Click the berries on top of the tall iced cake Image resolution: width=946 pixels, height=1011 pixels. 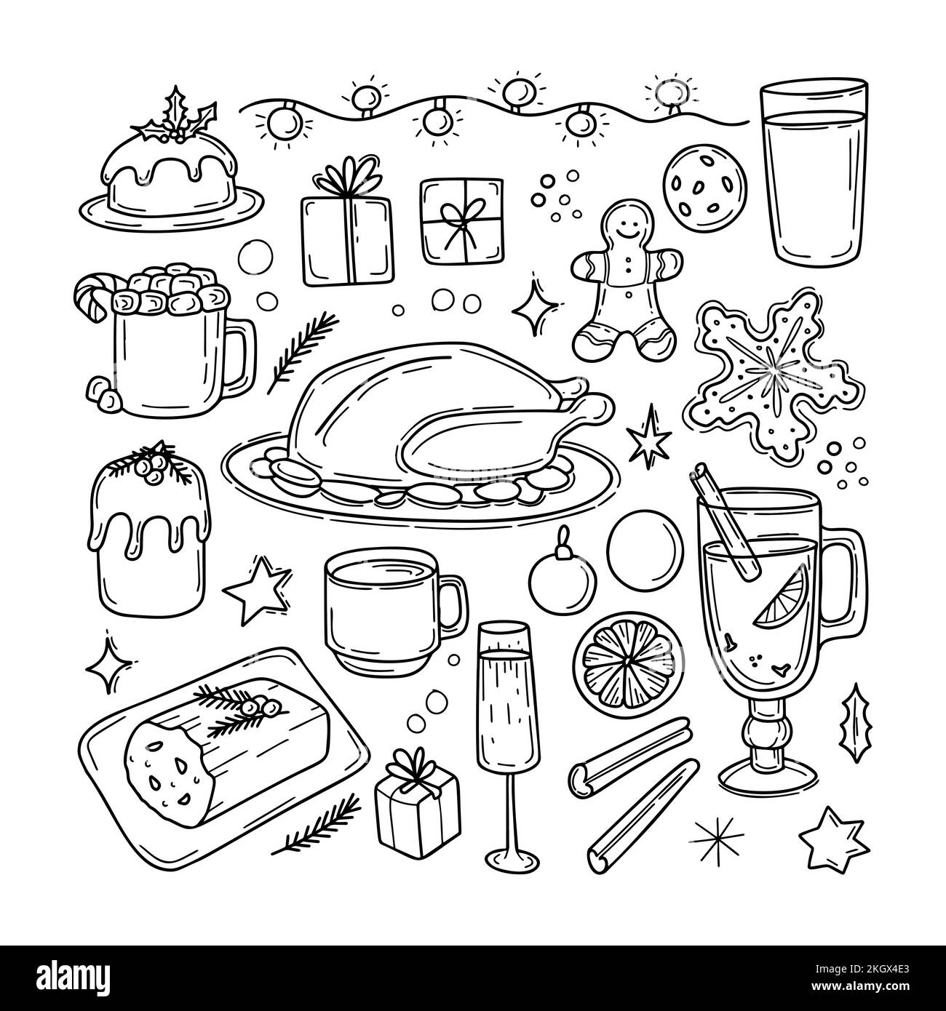(x=156, y=463)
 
